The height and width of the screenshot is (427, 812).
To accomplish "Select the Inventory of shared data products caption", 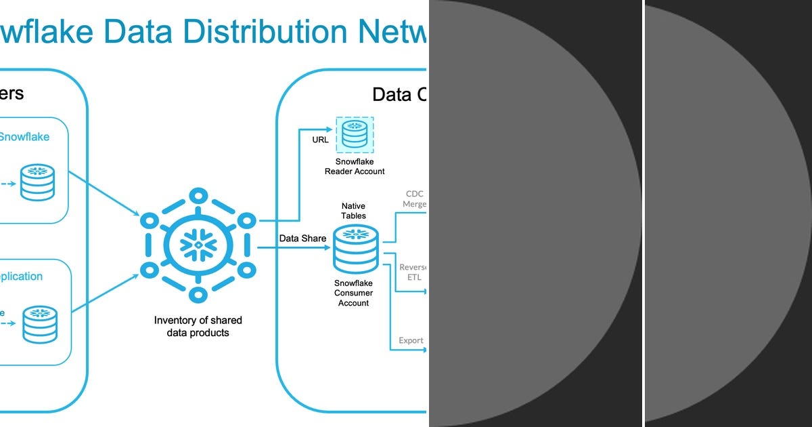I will coord(198,326).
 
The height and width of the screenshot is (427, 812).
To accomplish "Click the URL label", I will coord(321,140).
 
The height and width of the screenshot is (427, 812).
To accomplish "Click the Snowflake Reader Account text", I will coord(355,166).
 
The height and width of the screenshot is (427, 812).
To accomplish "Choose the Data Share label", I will coord(302,239).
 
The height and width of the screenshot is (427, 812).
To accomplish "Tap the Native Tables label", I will coord(353,210).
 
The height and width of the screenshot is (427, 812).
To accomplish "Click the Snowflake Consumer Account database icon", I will coord(355,249).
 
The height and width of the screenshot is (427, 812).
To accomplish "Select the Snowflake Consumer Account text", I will coord(353,293).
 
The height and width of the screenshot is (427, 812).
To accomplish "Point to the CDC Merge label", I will coord(415,199).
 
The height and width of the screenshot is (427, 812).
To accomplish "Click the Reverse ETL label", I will coord(413,272).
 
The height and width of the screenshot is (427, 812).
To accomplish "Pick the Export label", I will coord(411,340).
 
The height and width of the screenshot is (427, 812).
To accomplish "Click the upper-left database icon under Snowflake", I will coord(38,182).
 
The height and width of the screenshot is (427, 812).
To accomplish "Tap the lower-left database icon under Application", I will coord(40,324).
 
